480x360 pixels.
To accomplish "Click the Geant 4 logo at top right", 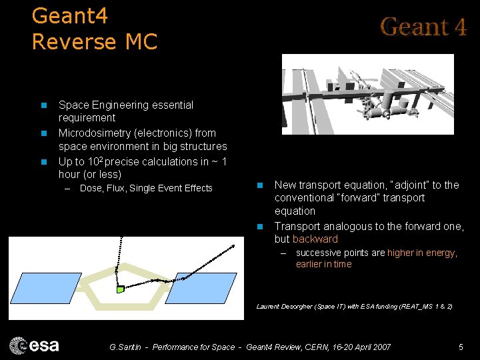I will tap(423, 27).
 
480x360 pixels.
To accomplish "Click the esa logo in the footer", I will tap(34, 345).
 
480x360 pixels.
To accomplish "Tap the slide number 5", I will tap(461, 347).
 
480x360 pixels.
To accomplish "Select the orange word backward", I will tap(315, 239).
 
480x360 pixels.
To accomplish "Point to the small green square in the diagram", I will tap(120, 289).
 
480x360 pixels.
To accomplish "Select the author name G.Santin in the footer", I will tap(126, 347).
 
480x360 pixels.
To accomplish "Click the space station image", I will tap(367, 94).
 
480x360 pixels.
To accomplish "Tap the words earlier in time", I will tap(323, 264).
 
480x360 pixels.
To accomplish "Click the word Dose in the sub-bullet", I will tap(91, 188).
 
